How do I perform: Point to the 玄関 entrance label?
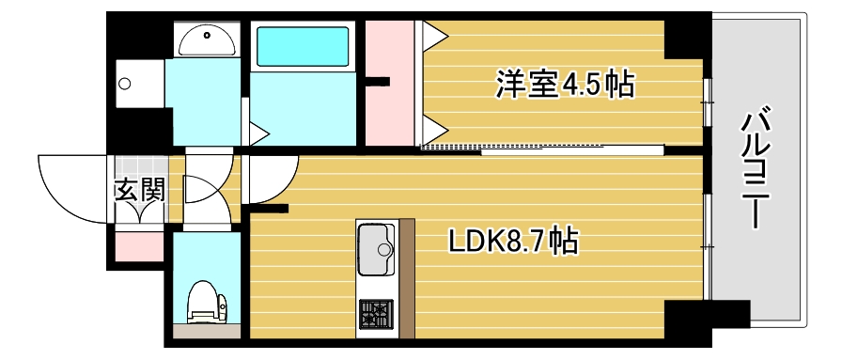140,190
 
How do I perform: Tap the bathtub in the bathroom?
304,45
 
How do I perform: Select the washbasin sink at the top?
207,39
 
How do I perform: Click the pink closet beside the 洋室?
389,85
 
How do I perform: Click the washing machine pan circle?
125,84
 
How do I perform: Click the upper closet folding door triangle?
435,37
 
